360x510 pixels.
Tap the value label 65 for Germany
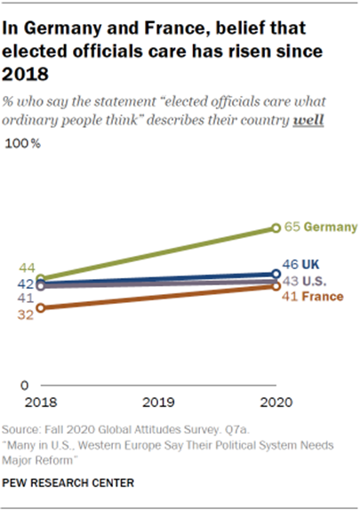coord(291,228)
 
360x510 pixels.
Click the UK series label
coord(311,264)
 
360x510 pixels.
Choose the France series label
coord(324,297)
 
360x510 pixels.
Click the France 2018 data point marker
coord(40,308)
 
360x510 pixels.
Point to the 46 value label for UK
coord(291,264)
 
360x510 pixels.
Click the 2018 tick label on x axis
coord(40,402)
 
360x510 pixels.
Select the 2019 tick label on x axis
coord(157,402)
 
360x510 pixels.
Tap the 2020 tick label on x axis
coord(275,402)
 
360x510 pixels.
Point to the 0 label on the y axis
coord(28,385)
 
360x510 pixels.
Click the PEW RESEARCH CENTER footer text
coord(68,483)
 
